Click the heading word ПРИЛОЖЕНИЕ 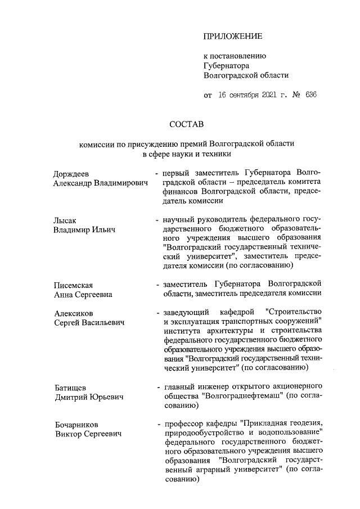233,37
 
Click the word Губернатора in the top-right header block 228,65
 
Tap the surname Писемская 73,285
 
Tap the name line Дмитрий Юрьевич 88,397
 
